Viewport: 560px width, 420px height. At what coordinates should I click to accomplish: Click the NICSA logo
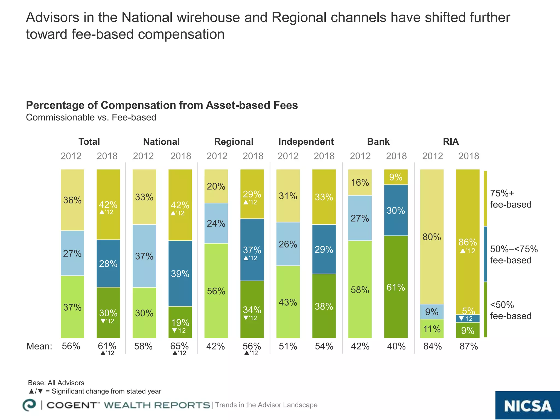[x=527, y=406]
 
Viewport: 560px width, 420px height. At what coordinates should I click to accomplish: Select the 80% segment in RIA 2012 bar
[x=432, y=237]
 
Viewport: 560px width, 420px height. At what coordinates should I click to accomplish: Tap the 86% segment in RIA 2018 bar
[x=468, y=242]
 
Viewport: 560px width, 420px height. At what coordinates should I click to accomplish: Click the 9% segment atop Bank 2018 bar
[x=396, y=177]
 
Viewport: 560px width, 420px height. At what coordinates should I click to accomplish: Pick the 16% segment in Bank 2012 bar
[x=360, y=182]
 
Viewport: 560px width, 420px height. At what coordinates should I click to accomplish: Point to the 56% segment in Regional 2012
[x=216, y=291]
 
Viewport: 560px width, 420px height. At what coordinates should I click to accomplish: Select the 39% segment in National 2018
[x=180, y=273]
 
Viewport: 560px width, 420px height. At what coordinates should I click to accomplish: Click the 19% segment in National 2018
[x=180, y=322]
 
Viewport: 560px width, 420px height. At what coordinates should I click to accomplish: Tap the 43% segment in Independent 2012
[x=288, y=302]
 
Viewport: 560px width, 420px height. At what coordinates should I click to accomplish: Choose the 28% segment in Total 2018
[x=108, y=264]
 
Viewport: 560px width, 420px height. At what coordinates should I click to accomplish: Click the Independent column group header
[x=306, y=142]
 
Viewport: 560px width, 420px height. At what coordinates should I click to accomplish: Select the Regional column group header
[x=234, y=142]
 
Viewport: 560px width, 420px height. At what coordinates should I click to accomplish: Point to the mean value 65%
[x=179, y=346]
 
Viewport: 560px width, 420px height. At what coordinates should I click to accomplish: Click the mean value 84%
[x=432, y=346]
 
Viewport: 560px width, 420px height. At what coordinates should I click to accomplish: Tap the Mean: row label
[x=39, y=346]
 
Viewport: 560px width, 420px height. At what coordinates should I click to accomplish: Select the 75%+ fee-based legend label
[x=510, y=199]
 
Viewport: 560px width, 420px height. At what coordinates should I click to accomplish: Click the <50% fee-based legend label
[x=510, y=310]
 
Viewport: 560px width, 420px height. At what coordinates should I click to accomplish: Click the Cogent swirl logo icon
[x=29, y=405]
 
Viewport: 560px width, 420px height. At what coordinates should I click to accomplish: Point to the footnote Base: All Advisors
[x=56, y=383]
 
